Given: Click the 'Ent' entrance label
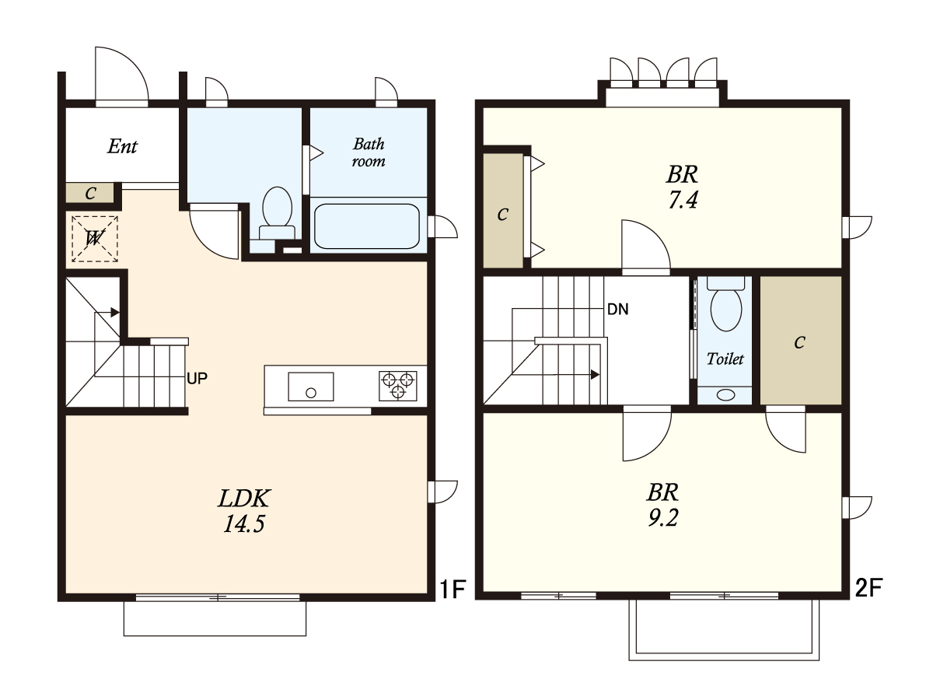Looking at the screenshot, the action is (x=122, y=147).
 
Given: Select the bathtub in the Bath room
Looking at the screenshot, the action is (x=367, y=226).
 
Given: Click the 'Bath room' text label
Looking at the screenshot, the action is (x=369, y=152).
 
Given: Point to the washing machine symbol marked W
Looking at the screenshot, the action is (x=94, y=239).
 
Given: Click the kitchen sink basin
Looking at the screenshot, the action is (x=311, y=387).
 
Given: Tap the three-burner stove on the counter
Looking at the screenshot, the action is (x=398, y=386).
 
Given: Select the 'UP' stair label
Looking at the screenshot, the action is (x=197, y=378).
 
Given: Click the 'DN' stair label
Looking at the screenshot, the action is (x=618, y=310).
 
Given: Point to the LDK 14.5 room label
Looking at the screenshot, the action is (x=244, y=511).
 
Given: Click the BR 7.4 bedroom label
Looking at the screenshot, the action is (x=682, y=187).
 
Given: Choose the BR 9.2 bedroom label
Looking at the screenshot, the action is (x=663, y=505).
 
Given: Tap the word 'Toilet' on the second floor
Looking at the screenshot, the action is (x=725, y=359).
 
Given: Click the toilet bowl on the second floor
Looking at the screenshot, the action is (x=726, y=309).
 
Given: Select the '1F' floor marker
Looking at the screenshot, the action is (x=453, y=589).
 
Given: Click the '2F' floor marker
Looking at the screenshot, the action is (x=868, y=587).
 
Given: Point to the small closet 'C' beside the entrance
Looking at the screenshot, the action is (x=89, y=194).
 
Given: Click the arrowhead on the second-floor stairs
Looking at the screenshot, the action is (x=595, y=374).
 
